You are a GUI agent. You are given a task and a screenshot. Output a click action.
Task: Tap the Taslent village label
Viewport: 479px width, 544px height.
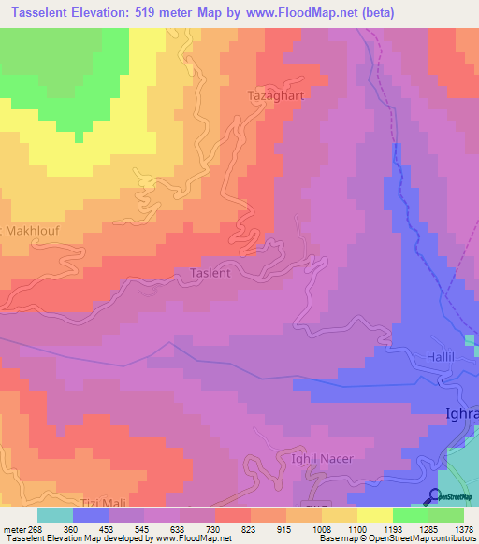pos(210,273)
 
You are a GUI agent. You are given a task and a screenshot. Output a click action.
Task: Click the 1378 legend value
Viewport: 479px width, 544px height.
pos(463,528)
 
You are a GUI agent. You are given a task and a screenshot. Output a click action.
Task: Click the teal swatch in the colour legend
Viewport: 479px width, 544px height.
pos(55,515)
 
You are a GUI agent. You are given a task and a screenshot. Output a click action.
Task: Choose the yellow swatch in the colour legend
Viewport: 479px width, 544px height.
pos(375,515)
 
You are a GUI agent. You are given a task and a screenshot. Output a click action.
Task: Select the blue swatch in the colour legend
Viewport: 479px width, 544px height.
pos(91,515)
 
